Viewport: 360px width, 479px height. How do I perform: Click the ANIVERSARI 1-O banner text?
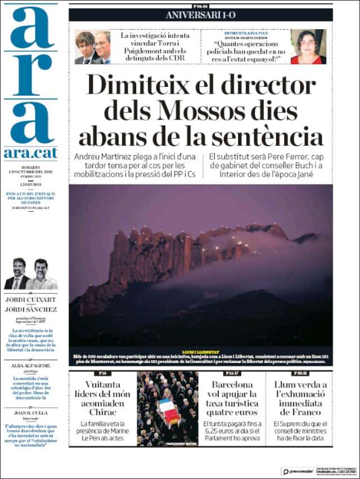click(x=200, y=15)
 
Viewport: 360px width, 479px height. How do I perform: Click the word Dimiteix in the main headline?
click(x=147, y=86)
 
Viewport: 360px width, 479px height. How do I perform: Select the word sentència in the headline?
click(x=274, y=137)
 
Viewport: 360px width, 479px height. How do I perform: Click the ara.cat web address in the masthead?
click(x=30, y=153)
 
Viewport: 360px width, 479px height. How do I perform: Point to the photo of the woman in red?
click(x=308, y=47)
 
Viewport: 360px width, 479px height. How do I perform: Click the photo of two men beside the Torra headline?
click(x=93, y=47)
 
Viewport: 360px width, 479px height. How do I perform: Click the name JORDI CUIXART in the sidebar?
click(x=30, y=299)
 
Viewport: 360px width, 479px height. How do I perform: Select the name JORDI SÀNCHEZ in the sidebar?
click(x=30, y=309)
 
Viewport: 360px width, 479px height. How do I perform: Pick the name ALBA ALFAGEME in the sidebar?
click(x=30, y=365)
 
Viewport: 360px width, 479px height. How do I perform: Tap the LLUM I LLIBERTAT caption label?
click(x=200, y=351)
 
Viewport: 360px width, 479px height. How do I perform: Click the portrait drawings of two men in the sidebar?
click(x=30, y=274)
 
